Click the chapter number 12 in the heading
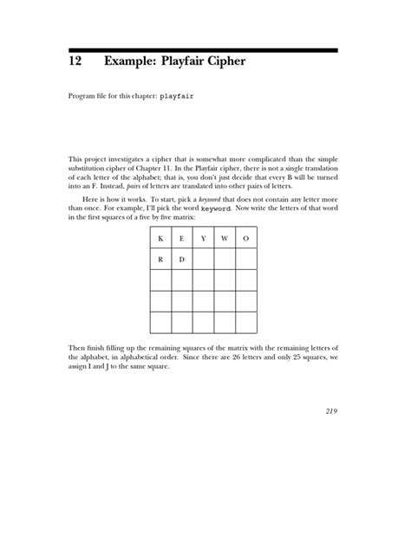click(x=75, y=63)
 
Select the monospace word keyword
click(x=216, y=209)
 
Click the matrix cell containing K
click(x=160, y=237)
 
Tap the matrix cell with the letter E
click(x=182, y=237)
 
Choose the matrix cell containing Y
click(x=204, y=237)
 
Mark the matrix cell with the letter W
click(x=225, y=237)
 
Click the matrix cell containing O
click(x=246, y=237)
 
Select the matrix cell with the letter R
click(x=160, y=259)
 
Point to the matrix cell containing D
click(x=182, y=259)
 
